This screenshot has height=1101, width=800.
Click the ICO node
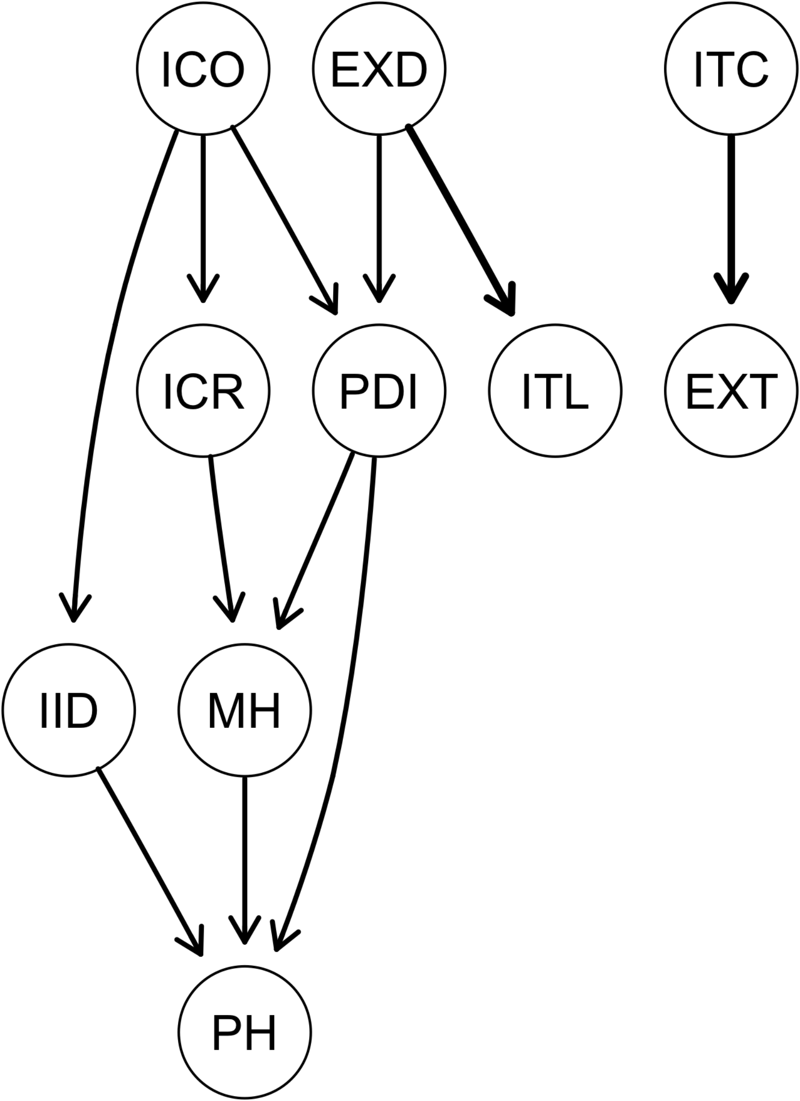pyautogui.click(x=203, y=69)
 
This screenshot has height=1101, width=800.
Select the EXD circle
pyautogui.click(x=379, y=69)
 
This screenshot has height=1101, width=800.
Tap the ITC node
pyautogui.click(x=731, y=69)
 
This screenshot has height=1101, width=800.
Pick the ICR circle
pyautogui.click(x=203, y=391)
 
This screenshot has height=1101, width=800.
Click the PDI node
pyautogui.click(x=379, y=391)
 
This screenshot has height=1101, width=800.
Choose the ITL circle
pyautogui.click(x=555, y=391)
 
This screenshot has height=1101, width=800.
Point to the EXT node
pyautogui.click(x=731, y=391)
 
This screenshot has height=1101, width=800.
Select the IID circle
pyautogui.click(x=69, y=710)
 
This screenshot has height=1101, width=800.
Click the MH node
pyautogui.click(x=244, y=710)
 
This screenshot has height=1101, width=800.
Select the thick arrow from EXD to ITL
pyautogui.click(x=459, y=218)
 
